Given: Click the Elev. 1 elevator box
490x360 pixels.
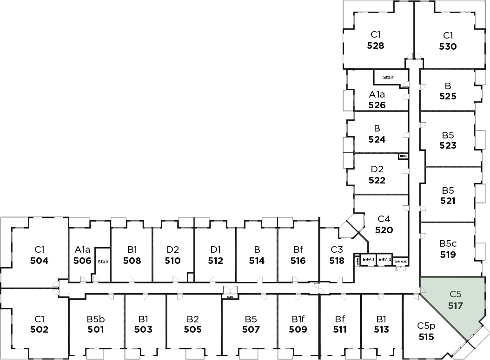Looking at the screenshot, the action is (x=368, y=259).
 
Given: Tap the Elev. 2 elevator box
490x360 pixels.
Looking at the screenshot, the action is (x=384, y=259).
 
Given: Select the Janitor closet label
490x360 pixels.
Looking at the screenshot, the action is (x=357, y=261).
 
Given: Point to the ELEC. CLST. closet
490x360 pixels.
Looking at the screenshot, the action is (x=401, y=262).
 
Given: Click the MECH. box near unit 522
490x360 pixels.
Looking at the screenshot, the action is (x=403, y=157).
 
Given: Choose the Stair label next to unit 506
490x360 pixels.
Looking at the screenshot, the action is (x=103, y=262).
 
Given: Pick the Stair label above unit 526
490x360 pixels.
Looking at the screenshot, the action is (x=388, y=77).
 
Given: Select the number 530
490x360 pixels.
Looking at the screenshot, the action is (x=448, y=46).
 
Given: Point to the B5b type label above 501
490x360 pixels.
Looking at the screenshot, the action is (x=96, y=320).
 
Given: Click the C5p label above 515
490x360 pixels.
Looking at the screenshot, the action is (x=426, y=326).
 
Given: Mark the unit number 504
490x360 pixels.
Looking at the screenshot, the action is (x=39, y=261).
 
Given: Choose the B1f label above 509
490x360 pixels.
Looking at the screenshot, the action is (x=298, y=320).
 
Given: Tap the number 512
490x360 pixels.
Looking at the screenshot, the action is (x=215, y=261).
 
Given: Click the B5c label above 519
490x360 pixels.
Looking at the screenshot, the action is (x=448, y=243).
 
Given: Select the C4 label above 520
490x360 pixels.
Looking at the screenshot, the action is (x=384, y=219).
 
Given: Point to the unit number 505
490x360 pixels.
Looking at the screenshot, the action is (x=192, y=330).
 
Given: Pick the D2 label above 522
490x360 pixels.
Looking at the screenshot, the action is (x=377, y=170).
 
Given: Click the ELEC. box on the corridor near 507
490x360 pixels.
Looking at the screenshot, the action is (x=230, y=295).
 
